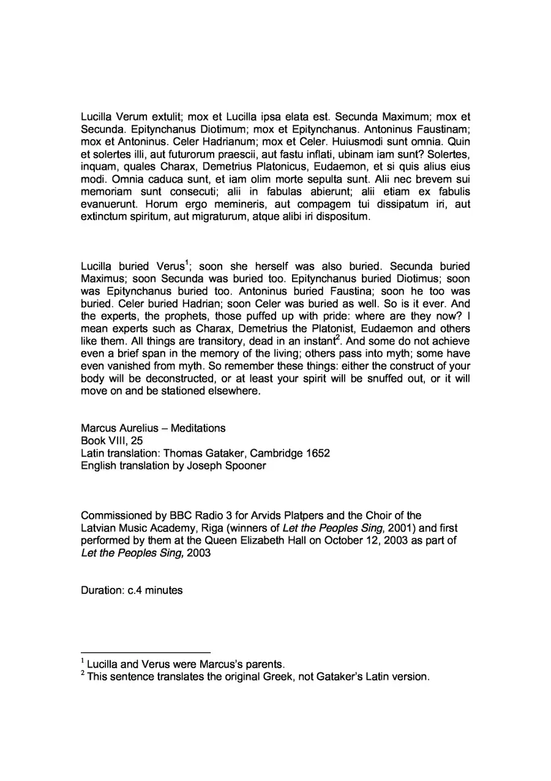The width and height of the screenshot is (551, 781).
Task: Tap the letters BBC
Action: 164,515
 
